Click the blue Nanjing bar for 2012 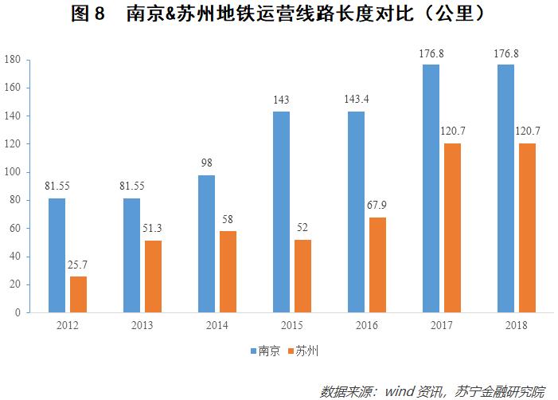click(x=57, y=255)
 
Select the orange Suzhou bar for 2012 click(x=78, y=294)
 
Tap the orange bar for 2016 click(x=377, y=265)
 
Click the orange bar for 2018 click(x=527, y=228)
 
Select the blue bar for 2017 click(x=431, y=188)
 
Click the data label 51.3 click(x=153, y=229)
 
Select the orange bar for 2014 click(x=228, y=272)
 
